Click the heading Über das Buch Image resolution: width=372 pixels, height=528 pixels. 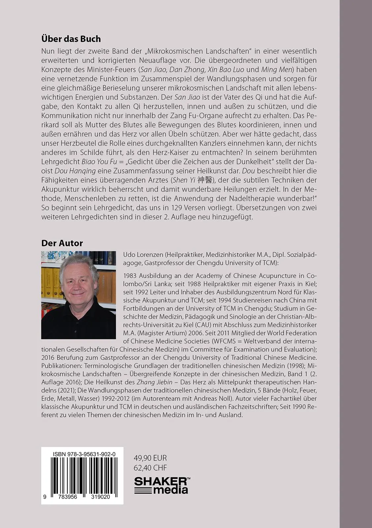71,39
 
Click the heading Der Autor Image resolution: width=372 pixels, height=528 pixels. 62,243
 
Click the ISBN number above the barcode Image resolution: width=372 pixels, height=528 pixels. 84,455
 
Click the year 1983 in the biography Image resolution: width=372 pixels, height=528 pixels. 129,276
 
